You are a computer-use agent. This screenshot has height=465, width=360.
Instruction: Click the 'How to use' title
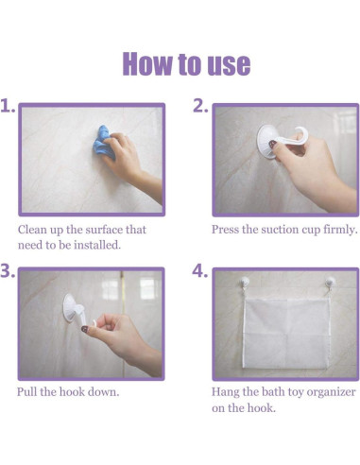pos(186,63)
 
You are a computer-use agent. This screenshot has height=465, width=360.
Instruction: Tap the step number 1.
pos(9,107)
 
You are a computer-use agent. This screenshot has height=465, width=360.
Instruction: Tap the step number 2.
pos(200,107)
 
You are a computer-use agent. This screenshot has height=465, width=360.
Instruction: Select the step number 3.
pos(9,271)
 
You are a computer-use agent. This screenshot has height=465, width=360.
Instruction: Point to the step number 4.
pos(200,271)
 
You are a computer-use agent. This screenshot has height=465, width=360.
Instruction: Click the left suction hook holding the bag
pos(237,281)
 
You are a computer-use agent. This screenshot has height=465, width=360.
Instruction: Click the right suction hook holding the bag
pos(329,281)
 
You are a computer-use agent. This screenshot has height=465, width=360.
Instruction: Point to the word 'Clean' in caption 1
pos(34,230)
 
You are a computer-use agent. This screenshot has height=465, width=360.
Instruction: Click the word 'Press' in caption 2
pos(228,230)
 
